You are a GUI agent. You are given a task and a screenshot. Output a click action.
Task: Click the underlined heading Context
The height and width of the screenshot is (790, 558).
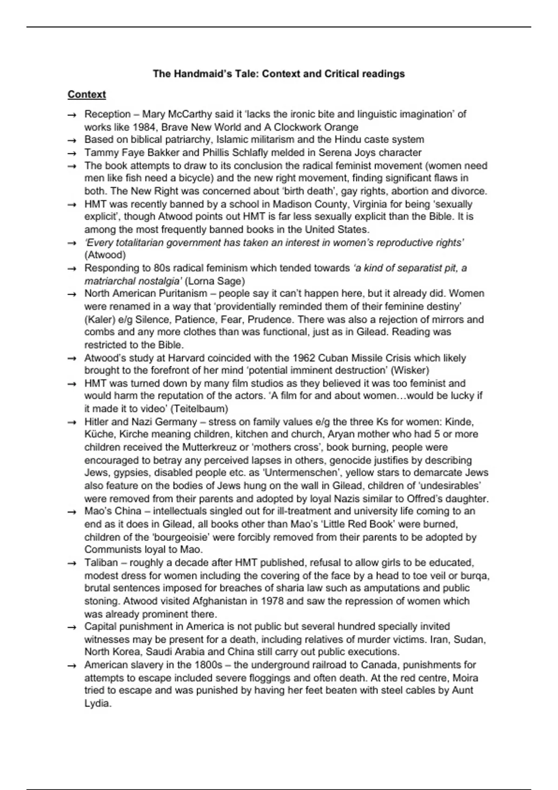(x=86, y=94)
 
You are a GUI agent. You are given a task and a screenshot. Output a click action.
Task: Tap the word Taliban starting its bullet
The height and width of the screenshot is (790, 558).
(x=101, y=563)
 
